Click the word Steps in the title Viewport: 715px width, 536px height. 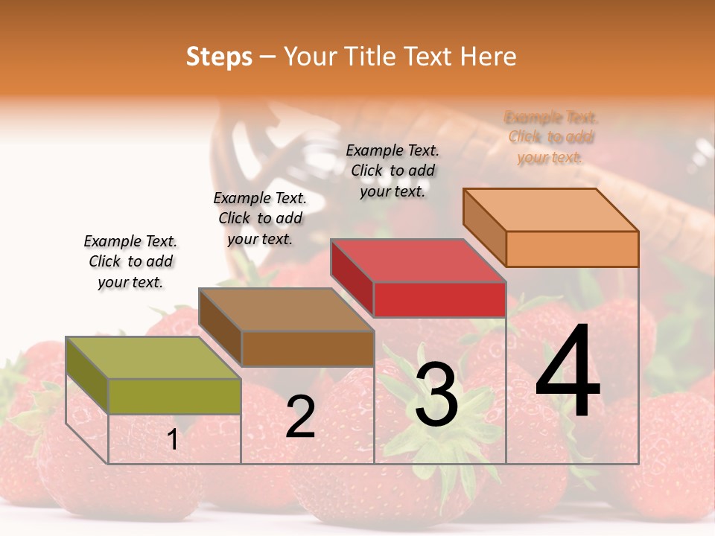(x=219, y=57)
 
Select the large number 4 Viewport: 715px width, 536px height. (x=568, y=372)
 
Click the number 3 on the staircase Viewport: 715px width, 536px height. (x=436, y=395)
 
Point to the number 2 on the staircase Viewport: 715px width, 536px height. (x=300, y=417)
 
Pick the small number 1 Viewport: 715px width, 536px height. (x=173, y=440)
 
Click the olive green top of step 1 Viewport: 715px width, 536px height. (x=153, y=357)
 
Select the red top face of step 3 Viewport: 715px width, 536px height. (x=418, y=261)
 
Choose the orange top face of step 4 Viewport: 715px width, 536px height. (x=550, y=210)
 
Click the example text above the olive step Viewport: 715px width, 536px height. (x=130, y=262)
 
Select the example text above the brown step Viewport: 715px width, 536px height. (x=260, y=219)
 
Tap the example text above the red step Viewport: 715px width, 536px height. (x=393, y=170)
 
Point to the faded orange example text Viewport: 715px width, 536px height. (x=551, y=138)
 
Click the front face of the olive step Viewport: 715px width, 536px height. (x=175, y=396)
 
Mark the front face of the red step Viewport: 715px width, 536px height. (x=439, y=299)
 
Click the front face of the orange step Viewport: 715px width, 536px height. (x=572, y=249)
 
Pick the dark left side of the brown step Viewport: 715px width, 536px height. (x=220, y=328)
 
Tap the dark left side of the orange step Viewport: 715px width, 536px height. (x=485, y=227)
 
